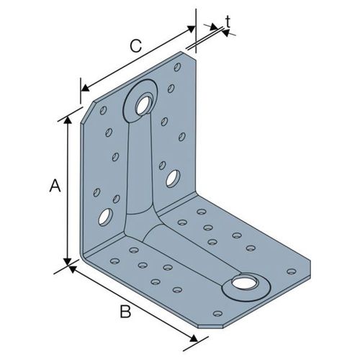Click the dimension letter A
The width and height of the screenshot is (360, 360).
pyautogui.click(x=55, y=185)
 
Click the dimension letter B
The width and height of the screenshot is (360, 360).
pyautogui.click(x=125, y=312)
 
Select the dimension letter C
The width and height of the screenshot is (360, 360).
pyautogui.click(x=135, y=46)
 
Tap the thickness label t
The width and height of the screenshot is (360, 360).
pyautogui.click(x=228, y=22)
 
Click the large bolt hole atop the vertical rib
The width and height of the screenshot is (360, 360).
pyautogui.click(x=144, y=105)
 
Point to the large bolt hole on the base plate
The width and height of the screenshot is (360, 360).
pyautogui.click(x=244, y=283)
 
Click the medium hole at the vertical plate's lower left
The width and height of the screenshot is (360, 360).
pyautogui.click(x=105, y=217)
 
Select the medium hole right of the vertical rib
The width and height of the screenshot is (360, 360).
pyautogui.click(x=173, y=179)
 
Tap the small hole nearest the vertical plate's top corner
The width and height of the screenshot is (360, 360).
pyautogui.click(x=177, y=67)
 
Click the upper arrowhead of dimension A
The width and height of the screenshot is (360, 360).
pyautogui.click(x=68, y=120)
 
